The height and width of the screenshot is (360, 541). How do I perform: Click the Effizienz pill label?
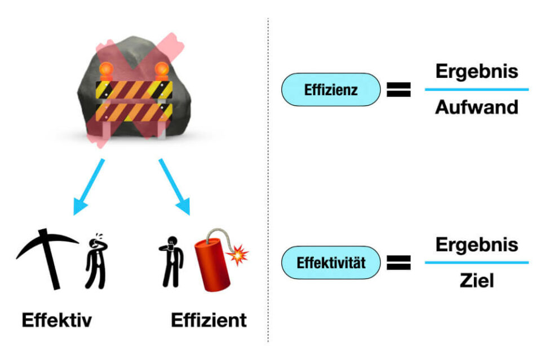tap(331, 90)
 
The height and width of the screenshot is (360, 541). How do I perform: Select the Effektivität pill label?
tap(331, 262)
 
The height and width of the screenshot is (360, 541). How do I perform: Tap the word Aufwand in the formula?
tap(476, 107)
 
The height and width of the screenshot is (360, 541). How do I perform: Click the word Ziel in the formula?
tap(476, 280)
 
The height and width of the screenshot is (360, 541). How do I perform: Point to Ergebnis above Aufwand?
tap(476, 72)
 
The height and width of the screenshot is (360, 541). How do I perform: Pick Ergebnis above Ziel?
tap(476, 245)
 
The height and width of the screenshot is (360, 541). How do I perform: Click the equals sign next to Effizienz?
tap(398, 90)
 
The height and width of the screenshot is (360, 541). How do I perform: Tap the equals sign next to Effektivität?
tap(398, 263)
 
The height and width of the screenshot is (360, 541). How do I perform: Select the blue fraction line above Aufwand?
tap(476, 89)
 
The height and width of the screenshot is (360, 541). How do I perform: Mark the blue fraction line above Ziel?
tap(476, 262)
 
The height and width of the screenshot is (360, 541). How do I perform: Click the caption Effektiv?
tap(56, 321)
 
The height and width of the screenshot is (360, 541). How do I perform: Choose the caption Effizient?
tap(209, 321)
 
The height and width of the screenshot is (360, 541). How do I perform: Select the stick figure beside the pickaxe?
tap(96, 262)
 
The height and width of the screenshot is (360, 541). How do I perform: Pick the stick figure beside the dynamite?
tap(170, 262)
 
